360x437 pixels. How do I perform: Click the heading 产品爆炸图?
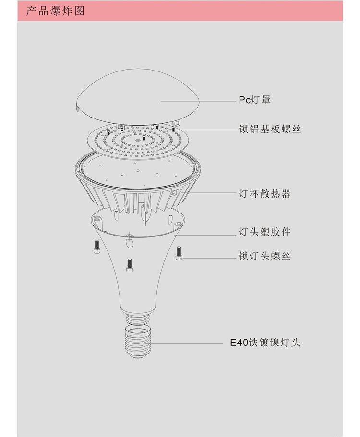click(x=55, y=11)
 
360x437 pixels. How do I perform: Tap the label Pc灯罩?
click(x=254, y=100)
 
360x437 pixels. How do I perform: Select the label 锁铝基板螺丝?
click(x=270, y=129)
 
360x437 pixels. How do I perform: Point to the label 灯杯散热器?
click(x=264, y=193)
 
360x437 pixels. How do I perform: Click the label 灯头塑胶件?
click(x=264, y=232)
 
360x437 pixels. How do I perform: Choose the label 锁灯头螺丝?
click(x=264, y=256)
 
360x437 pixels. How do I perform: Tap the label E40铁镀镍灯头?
click(x=265, y=342)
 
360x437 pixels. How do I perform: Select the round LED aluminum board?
click(x=138, y=142)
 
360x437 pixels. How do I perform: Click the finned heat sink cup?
click(x=138, y=181)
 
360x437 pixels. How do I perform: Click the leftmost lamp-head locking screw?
click(x=97, y=247)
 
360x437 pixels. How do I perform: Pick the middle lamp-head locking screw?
click(x=130, y=265)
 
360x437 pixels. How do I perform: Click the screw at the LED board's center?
click(x=144, y=137)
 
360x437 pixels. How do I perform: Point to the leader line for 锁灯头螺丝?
click(x=209, y=258)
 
